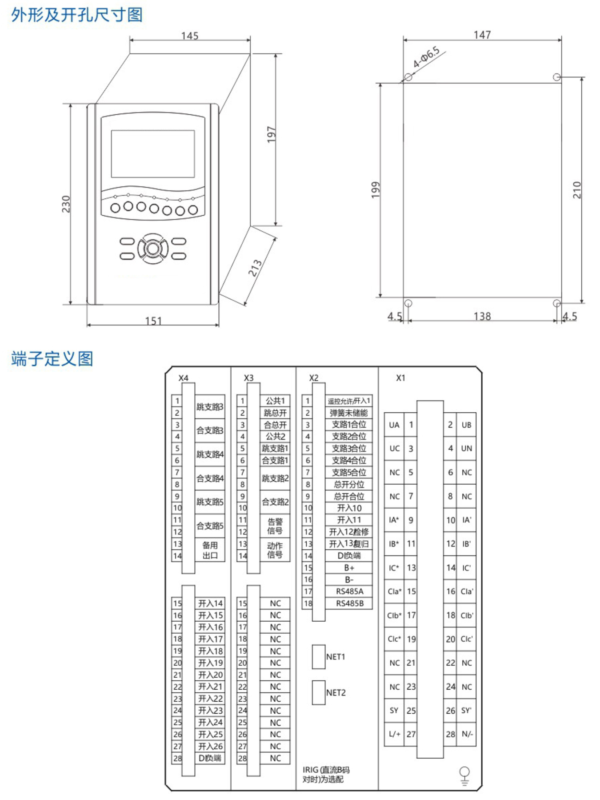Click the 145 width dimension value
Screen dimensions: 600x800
pyautogui.click(x=190, y=36)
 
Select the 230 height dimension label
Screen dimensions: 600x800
pyautogui.click(x=66, y=204)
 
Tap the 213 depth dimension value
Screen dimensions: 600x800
pyautogui.click(x=255, y=268)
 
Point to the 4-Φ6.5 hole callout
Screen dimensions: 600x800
pyautogui.click(x=426, y=57)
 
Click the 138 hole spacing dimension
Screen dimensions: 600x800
pyautogui.click(x=482, y=316)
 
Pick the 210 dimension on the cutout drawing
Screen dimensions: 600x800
pyautogui.click(x=577, y=190)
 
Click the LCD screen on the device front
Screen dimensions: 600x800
pyautogui.click(x=153, y=154)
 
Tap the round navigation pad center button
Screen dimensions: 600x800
pyautogui.click(x=153, y=249)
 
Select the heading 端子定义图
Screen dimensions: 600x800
pyautogui.click(x=52, y=358)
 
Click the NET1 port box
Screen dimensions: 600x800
pyautogui.click(x=319, y=657)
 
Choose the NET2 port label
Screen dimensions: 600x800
pyautogui.click(x=336, y=692)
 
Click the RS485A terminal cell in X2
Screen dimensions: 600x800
pyautogui.click(x=349, y=591)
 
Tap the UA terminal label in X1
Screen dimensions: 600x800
pyautogui.click(x=394, y=425)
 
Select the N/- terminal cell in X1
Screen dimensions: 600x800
pyautogui.click(x=466, y=734)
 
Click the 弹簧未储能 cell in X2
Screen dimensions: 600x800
pyautogui.click(x=349, y=413)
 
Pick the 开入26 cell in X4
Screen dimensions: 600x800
pyautogui.click(x=210, y=746)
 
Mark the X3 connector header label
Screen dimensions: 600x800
pyautogui.click(x=248, y=378)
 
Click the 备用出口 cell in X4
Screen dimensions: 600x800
pyautogui.click(x=210, y=550)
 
